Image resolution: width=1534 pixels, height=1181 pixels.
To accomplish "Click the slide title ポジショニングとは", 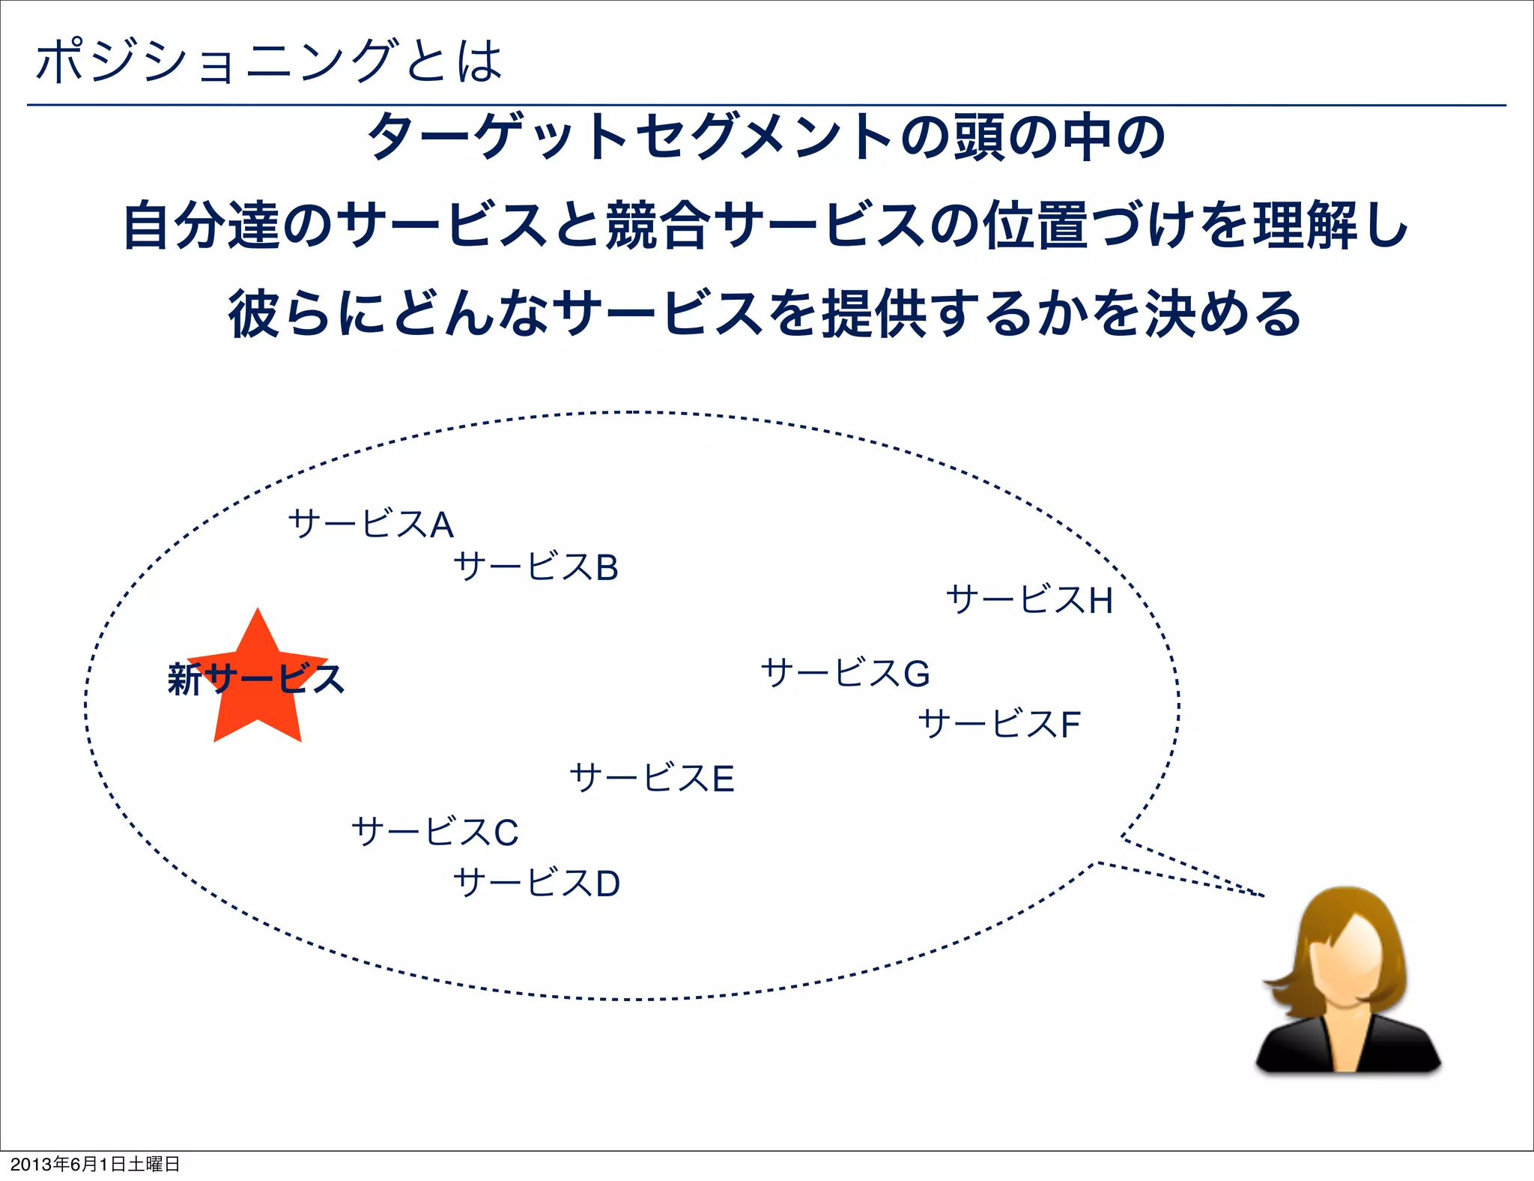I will pos(268,61).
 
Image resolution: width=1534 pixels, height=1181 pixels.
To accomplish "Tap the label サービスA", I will pos(371,524).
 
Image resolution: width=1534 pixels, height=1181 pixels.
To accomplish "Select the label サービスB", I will pos(536,567).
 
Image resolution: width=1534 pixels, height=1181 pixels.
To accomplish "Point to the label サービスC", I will pos(435,832).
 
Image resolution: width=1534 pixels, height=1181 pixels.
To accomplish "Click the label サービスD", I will pos(536,883).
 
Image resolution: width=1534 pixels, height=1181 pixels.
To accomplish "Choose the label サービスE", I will pos(652,778).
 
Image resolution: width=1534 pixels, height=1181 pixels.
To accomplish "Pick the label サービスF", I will pos(999,724).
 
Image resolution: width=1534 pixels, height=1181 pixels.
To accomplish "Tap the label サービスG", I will pos(846,673).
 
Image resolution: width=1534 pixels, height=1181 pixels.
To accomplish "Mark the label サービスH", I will pos(1029,600).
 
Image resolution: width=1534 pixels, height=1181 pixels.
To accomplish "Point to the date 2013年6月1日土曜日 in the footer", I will pos(95,1164).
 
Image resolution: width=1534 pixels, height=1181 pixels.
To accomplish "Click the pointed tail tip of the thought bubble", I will pos(1263,895).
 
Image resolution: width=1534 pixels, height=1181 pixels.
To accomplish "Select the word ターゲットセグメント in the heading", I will pos(630,137).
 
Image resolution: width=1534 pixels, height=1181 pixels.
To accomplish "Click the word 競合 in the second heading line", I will pos(658,226).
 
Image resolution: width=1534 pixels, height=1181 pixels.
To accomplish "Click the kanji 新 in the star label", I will pos(184,680).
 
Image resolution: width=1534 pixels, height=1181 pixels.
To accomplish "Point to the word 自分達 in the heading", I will pos(201,226).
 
